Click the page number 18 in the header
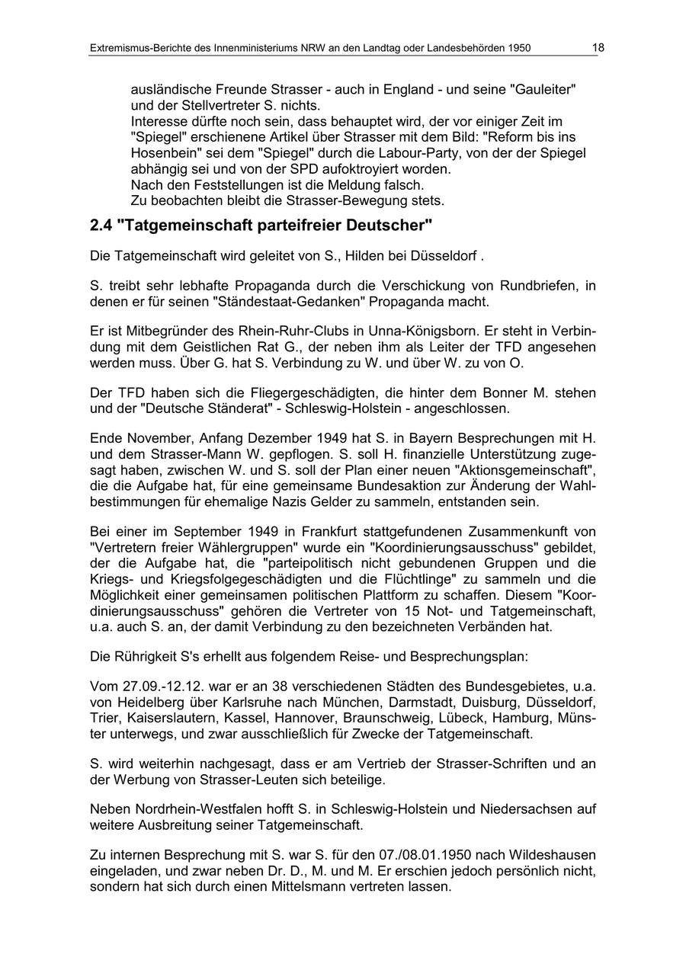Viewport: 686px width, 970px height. [598, 47]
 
